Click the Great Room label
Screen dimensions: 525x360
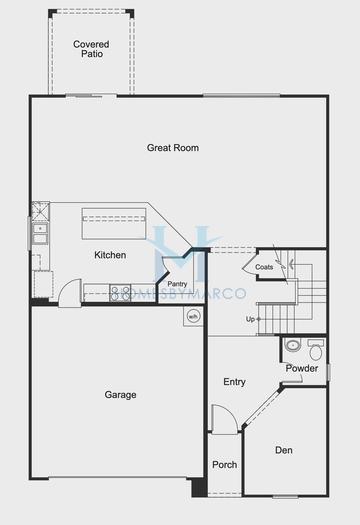coord(173,148)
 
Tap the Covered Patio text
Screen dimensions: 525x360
coord(91,49)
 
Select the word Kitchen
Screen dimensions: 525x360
coord(110,255)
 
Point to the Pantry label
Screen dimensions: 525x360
coord(177,284)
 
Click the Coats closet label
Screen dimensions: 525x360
coord(264,267)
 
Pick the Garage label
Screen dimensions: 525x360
coord(120,395)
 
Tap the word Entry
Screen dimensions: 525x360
coord(234,382)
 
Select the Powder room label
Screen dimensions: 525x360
coord(302,368)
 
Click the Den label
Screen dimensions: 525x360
coord(284,450)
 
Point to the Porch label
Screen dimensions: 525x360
coord(225,464)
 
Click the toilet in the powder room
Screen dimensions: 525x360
coord(315,350)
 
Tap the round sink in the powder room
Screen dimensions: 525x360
coord(292,345)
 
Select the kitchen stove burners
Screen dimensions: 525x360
coord(120,293)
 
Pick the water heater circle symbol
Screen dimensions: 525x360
coord(192,317)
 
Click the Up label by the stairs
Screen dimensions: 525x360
coord(250,319)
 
